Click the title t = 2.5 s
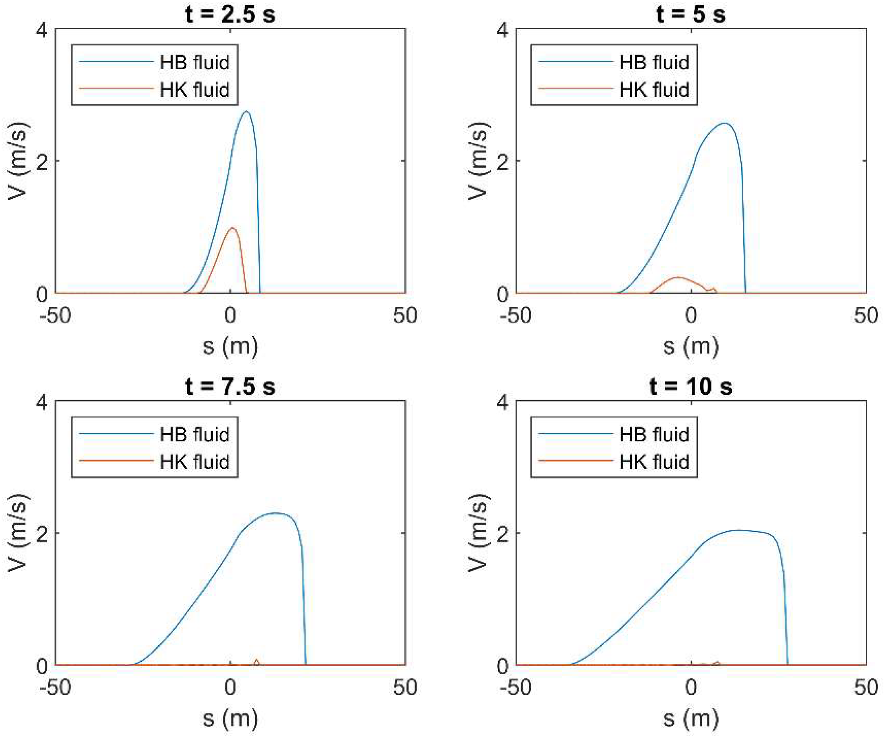230,14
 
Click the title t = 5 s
691,14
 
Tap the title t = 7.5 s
230,386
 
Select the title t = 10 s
691,386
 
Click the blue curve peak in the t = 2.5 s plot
246,112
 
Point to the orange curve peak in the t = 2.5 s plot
232,228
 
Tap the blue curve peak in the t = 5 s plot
725,123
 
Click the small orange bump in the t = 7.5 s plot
256,660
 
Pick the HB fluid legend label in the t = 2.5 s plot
194,62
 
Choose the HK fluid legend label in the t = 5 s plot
654,90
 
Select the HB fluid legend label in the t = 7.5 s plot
194,435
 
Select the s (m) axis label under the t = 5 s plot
691,347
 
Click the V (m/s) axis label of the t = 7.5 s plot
18,533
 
